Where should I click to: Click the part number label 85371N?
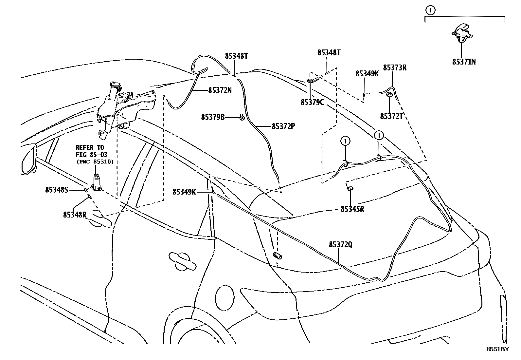pos(464,62)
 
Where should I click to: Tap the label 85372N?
pos(220,90)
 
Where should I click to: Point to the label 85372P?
pos(283,126)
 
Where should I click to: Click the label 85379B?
pos(213,117)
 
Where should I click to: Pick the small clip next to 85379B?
pos(242,117)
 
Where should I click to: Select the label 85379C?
pos(312,102)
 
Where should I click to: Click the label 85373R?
pos(395,68)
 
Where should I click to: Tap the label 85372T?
pos(391,116)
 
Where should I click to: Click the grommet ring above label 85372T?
pos(389,95)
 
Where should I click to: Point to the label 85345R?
pos(352,209)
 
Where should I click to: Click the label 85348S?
pos(57,189)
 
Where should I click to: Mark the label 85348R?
pos(75,215)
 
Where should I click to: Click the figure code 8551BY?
pos(497,349)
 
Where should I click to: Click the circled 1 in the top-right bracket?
pos(430,10)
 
